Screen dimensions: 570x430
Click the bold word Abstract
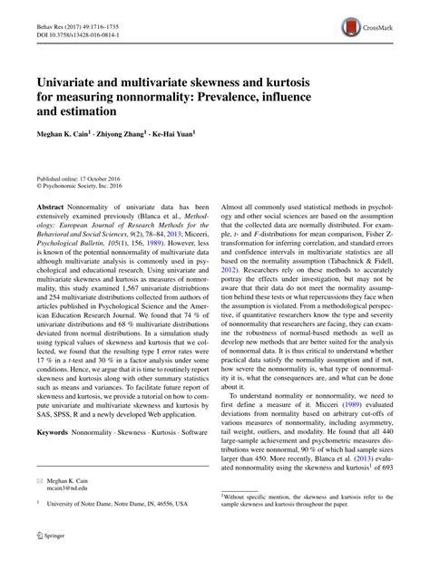point(51,208)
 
